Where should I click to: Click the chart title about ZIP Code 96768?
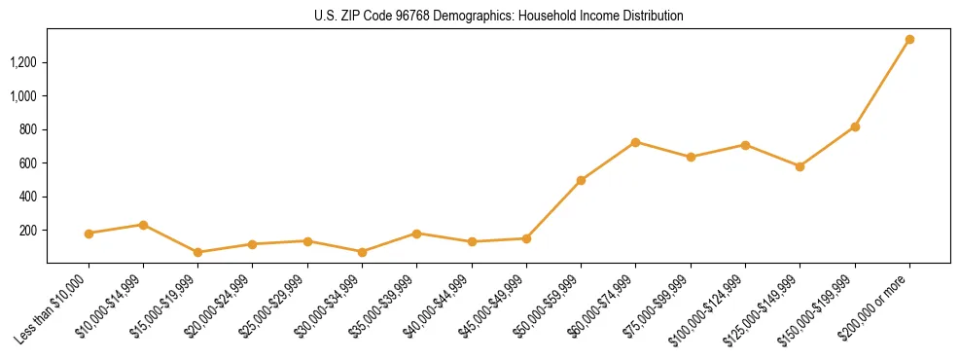tap(499, 17)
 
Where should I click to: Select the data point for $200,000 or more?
tap(909, 40)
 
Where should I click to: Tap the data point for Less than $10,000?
tap(89, 234)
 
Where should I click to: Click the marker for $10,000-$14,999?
tap(143, 225)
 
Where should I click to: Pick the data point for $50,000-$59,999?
tap(581, 180)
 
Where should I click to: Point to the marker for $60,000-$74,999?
tap(635, 142)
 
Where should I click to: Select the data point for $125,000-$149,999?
tap(800, 166)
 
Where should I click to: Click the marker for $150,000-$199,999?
tap(855, 126)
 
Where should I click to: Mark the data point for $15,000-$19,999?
tap(197, 252)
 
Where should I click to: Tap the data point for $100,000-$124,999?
tap(745, 145)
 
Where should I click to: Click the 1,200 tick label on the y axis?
tap(23, 62)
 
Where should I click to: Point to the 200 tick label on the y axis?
tap(28, 231)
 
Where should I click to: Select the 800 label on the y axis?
tap(28, 129)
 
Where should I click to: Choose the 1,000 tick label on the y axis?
tap(23, 96)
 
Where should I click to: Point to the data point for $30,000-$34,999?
tap(362, 252)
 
